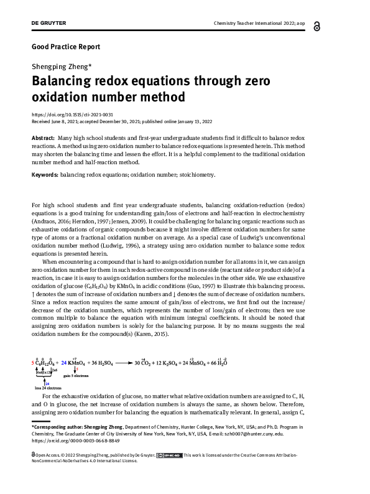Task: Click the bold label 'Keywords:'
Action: (x=45, y=175)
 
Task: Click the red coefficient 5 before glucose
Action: (x=32, y=362)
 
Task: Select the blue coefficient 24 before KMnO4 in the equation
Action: (x=63, y=362)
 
